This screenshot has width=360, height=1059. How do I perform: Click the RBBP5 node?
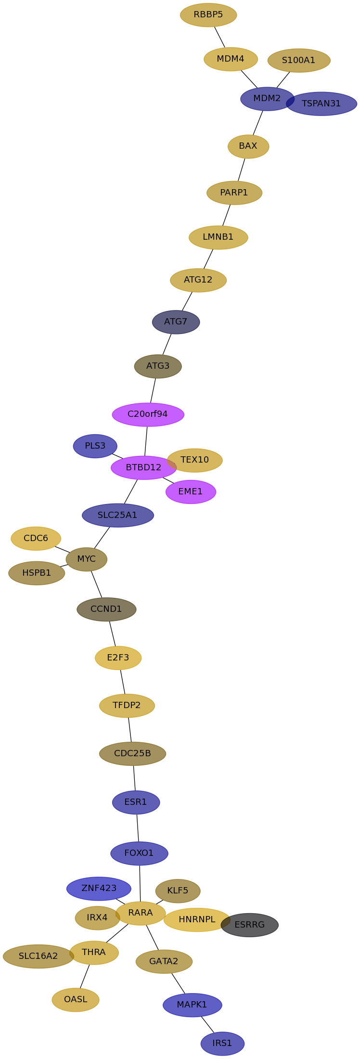click(208, 15)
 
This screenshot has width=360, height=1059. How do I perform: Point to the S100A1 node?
click(299, 61)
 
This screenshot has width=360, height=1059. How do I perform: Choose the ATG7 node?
click(176, 322)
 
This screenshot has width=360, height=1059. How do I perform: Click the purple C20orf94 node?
click(148, 414)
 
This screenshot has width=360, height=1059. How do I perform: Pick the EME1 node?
click(191, 492)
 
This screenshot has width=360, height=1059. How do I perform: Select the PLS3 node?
click(95, 446)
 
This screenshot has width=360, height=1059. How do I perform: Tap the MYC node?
click(87, 559)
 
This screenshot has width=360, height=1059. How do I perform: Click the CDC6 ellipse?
click(36, 539)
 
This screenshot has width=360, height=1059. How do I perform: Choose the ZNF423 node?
click(99, 889)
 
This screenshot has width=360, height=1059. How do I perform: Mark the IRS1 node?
click(222, 1044)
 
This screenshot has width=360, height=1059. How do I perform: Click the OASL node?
click(76, 1000)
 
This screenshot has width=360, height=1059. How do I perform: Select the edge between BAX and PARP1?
click(242, 169)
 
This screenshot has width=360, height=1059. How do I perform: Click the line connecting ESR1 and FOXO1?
click(138, 828)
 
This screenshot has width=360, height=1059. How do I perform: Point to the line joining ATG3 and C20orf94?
click(153, 390)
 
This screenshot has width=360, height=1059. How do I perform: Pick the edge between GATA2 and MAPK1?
click(178, 983)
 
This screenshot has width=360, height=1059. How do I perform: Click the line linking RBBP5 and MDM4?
click(219, 37)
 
